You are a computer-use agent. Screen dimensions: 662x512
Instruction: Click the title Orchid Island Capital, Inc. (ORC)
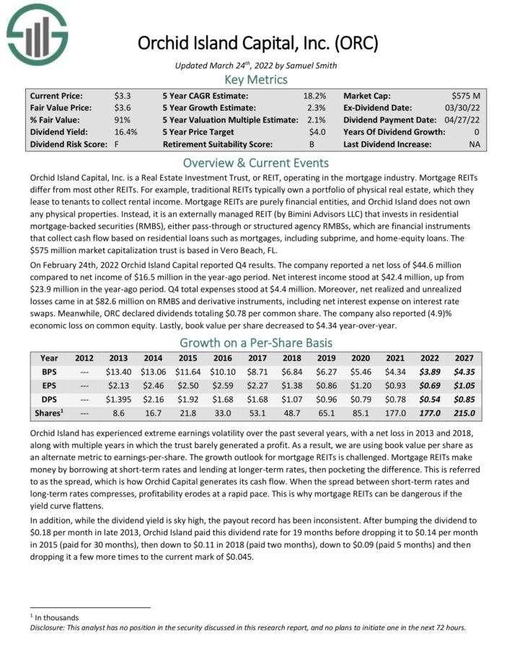click(258, 43)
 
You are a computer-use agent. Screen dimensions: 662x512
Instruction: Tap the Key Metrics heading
click(256, 79)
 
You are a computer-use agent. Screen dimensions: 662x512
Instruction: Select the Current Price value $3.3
click(122, 95)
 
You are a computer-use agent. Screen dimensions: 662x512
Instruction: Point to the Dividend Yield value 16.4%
click(125, 132)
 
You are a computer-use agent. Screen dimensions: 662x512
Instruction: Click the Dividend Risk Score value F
click(116, 144)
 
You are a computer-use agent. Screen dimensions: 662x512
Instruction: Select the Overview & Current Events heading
click(256, 162)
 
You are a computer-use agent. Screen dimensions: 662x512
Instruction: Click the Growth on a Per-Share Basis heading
click(256, 342)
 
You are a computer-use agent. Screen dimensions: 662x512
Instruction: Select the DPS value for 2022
click(431, 399)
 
